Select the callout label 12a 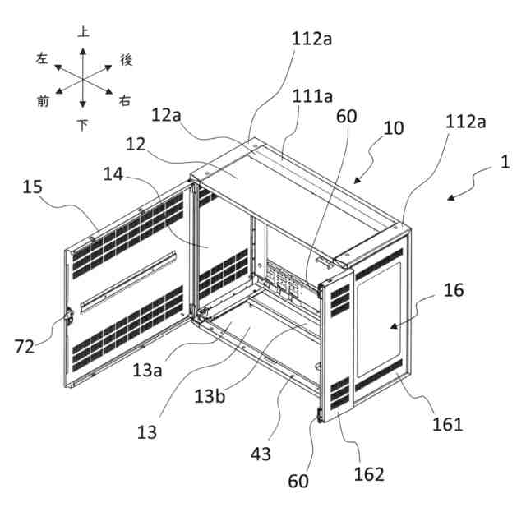coord(166,116)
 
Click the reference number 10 coord(394,128)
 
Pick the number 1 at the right coord(505,162)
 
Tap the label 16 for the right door coord(454,289)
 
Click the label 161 coord(447,424)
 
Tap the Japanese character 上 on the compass coord(83,32)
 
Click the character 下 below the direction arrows coord(83,125)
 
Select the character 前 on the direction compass coord(43,100)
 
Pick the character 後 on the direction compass coord(126,58)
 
